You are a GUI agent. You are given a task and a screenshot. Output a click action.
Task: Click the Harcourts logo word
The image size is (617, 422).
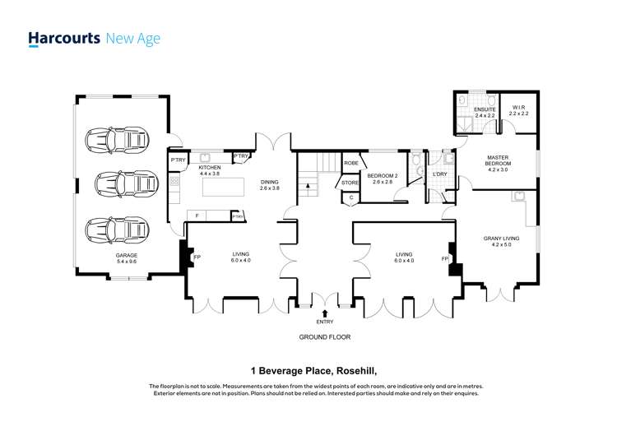[64, 39]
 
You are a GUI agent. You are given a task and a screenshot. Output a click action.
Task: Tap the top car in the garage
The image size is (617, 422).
[118, 140]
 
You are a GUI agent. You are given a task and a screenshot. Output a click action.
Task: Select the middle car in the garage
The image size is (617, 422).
[127, 183]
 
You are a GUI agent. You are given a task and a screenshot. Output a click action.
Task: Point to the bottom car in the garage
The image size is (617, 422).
[118, 230]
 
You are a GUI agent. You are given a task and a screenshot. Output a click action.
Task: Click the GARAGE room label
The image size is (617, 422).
[127, 256]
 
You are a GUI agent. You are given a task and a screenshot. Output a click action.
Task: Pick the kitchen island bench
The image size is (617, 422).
[223, 187]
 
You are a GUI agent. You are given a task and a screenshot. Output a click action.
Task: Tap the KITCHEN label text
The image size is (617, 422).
[209, 168]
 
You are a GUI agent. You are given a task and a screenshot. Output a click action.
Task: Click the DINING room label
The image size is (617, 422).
[270, 182]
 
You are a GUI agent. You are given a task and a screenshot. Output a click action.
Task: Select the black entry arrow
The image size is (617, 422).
[325, 313]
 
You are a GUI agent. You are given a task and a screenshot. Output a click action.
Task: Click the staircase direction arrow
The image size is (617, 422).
[308, 186]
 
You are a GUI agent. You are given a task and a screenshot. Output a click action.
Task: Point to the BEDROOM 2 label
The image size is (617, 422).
[382, 176]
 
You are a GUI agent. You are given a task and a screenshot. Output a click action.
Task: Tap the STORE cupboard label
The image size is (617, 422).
[350, 183]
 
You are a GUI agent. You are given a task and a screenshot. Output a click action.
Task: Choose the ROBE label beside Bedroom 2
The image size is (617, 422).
[351, 163]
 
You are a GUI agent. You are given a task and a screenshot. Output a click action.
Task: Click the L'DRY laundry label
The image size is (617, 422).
[439, 174]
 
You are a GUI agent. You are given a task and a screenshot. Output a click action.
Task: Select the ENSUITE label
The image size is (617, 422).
[485, 109]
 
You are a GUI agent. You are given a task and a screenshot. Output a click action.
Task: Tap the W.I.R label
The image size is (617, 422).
[518, 108]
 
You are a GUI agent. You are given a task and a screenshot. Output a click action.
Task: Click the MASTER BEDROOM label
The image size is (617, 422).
[498, 160]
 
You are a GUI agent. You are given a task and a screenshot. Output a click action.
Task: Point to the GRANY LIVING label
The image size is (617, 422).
[501, 239]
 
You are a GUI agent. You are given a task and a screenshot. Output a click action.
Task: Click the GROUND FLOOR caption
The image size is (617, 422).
[325, 337]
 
